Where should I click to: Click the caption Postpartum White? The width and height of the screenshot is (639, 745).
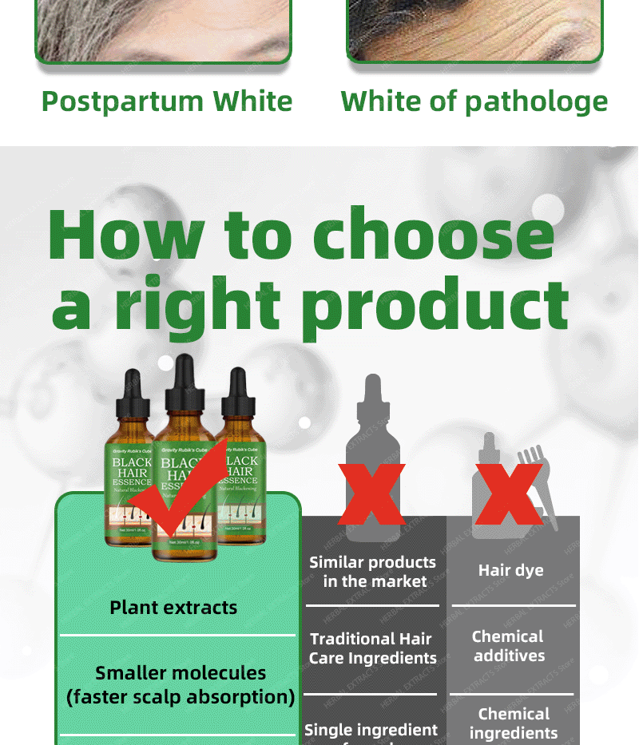point(167,101)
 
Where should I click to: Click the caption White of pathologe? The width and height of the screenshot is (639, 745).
point(474,101)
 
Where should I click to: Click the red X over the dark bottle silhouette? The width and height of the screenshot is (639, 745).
point(371,494)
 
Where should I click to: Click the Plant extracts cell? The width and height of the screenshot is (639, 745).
point(173,607)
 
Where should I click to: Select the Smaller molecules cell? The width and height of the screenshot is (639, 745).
point(180,684)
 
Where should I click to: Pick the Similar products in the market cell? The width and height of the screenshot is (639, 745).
point(373,572)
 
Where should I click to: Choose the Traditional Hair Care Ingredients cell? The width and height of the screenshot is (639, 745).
point(373,648)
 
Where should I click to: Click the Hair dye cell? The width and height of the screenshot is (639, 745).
point(511,570)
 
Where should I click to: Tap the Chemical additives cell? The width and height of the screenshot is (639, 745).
point(509,646)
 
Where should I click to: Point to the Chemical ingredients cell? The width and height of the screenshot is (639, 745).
point(514,723)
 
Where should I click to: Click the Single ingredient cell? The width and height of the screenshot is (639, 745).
point(371,729)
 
